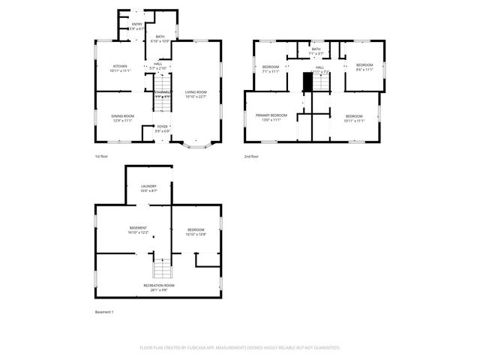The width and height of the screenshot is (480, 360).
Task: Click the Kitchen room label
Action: tap(121, 67)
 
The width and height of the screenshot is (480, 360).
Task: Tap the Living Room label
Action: tap(196, 93)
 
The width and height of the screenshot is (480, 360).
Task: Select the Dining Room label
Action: tap(123, 117)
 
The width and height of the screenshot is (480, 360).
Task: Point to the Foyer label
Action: tap(163, 128)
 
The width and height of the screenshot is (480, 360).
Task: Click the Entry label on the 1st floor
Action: tap(137, 26)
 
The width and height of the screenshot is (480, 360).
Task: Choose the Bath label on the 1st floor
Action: tap(160, 38)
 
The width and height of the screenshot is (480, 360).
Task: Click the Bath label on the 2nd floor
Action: tap(316, 51)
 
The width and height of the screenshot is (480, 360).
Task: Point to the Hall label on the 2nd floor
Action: tap(319, 70)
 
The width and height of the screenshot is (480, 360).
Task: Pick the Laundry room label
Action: tap(148, 188)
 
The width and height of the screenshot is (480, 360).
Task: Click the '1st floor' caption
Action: tap(103, 157)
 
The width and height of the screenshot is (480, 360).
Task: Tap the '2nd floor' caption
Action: tap(252, 157)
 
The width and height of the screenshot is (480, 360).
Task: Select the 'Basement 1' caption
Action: tap(104, 311)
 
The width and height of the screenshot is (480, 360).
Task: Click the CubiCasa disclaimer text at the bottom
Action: tap(240, 348)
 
